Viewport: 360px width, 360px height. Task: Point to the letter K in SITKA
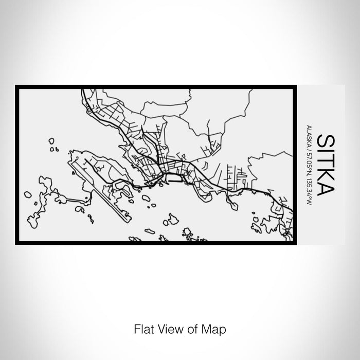[326, 173]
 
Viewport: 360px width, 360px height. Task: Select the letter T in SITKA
[326, 159]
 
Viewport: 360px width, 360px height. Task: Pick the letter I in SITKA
[326, 149]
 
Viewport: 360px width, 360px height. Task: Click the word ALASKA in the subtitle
[308, 135]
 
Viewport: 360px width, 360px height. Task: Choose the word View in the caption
[165, 328]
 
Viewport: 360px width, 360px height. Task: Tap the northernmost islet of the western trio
[51, 140]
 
